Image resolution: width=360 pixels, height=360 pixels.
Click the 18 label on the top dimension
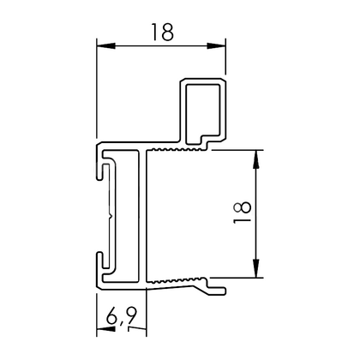[x=161, y=32]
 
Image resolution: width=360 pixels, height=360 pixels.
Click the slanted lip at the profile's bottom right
[x=214, y=289]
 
